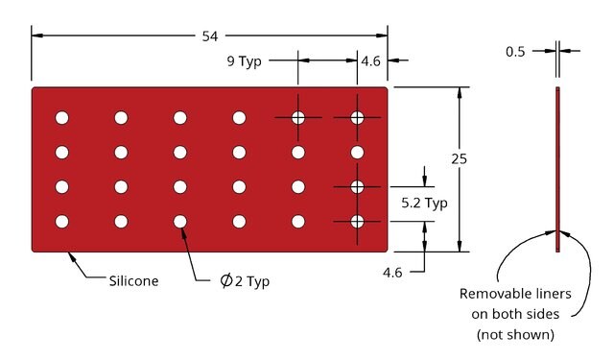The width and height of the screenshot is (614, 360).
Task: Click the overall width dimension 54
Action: [210, 36]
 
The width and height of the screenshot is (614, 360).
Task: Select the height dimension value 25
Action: [459, 159]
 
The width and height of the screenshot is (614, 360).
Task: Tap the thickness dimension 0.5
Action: [515, 51]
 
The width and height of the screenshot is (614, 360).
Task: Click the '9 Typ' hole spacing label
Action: [244, 61]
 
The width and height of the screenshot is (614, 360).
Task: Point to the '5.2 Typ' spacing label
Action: [424, 203]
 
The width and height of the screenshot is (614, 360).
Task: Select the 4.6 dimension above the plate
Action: [371, 61]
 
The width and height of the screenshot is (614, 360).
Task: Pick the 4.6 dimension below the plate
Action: [392, 273]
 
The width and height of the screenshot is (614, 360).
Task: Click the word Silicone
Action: [133, 281]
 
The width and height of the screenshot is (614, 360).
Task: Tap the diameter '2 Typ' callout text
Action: [252, 281]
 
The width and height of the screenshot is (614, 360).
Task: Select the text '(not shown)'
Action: [515, 334]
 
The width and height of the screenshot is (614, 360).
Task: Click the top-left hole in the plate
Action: [61, 117]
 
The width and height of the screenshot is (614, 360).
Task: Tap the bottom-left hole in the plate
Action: [61, 222]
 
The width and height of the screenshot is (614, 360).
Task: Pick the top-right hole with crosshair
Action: [357, 117]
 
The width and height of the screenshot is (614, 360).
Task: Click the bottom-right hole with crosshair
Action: [357, 222]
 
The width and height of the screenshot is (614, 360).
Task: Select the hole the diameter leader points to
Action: [180, 222]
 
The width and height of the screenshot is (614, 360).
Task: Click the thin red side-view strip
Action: [557, 169]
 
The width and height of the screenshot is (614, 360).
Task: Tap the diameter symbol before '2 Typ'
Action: [226, 280]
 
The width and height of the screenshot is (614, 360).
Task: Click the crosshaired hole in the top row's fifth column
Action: [298, 117]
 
